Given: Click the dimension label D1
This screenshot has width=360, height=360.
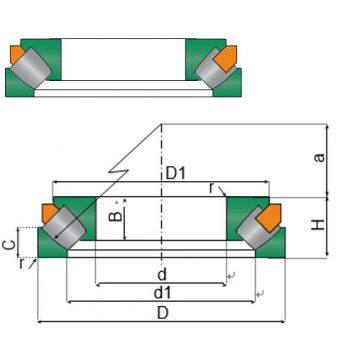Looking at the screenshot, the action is [175, 174].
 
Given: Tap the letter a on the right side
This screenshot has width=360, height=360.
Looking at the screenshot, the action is [319, 157].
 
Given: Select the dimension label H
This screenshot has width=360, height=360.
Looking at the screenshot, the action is [319, 225].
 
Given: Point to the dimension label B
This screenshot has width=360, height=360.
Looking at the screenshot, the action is [115, 217].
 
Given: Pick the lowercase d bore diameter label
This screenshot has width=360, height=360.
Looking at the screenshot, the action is [162, 275].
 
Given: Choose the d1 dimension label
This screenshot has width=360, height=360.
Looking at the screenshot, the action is [162, 293].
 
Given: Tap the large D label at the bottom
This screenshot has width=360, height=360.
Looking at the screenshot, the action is [162, 313].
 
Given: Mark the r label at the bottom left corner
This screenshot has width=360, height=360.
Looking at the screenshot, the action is [21, 264].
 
